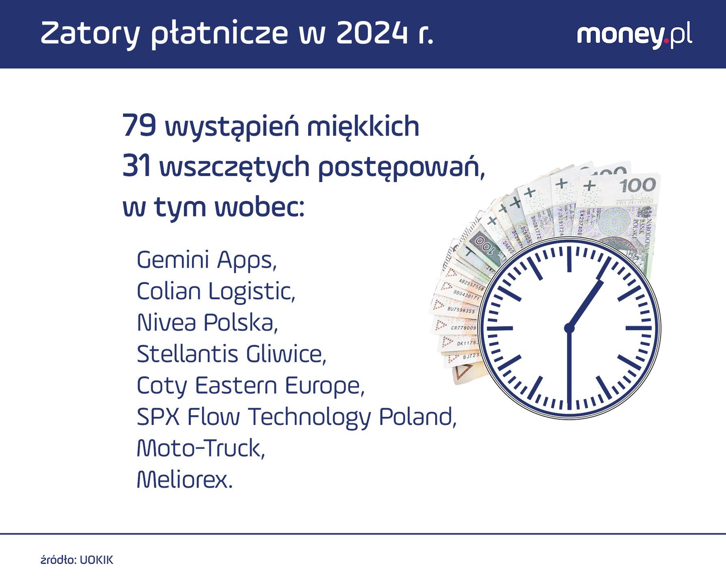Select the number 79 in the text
139,126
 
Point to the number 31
136,166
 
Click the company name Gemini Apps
206,260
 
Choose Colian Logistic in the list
216,291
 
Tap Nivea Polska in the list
207,323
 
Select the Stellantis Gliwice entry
231,354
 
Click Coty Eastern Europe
250,385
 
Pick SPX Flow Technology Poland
296,417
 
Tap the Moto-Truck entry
201,448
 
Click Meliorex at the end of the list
184,480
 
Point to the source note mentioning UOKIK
77,560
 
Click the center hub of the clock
569,328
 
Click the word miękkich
363,127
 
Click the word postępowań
401,167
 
